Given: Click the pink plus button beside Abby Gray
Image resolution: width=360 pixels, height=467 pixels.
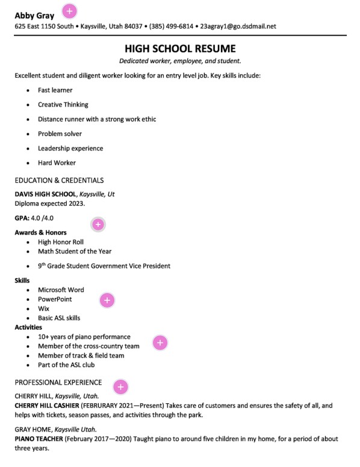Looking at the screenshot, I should click(x=70, y=11).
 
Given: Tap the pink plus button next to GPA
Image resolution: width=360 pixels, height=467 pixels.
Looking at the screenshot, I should click(x=98, y=224).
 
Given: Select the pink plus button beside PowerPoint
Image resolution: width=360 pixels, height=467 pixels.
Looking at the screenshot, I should click(x=107, y=300).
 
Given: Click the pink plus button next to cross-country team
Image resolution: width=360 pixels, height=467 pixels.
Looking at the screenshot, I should click(x=160, y=342).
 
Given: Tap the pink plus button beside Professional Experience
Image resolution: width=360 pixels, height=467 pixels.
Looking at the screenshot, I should click(x=120, y=386).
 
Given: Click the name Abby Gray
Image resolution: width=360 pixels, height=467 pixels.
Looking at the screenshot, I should click(x=34, y=16).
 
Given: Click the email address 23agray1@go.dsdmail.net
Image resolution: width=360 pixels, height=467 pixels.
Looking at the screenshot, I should click(x=238, y=26).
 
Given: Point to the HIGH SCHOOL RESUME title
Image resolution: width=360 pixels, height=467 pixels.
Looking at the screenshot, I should click(x=180, y=48).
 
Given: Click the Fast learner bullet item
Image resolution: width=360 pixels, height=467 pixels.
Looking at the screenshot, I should click(x=55, y=90).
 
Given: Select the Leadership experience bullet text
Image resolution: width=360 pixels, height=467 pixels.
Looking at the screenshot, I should click(x=70, y=148).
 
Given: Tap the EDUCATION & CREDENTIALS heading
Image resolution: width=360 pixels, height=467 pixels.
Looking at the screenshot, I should click(x=59, y=180).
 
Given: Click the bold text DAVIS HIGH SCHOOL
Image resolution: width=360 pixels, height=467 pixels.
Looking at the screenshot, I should click(x=45, y=194).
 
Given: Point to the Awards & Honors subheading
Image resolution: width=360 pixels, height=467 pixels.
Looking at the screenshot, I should click(x=40, y=232).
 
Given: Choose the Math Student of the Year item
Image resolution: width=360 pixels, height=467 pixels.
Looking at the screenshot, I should click(x=74, y=252).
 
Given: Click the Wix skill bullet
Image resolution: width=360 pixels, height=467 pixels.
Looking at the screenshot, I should click(x=43, y=309).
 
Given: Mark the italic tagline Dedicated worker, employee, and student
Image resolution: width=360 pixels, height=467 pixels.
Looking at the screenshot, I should click(x=180, y=61).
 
